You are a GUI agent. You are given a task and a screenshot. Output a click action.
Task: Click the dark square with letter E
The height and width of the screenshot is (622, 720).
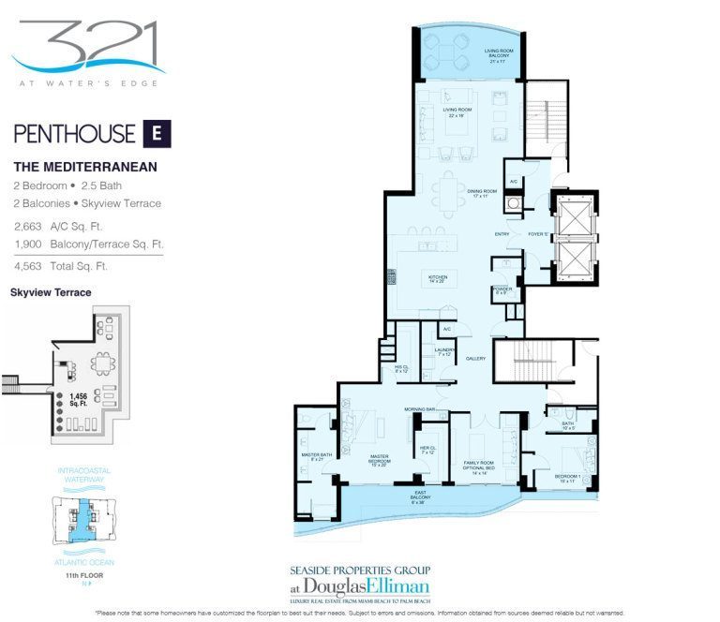tap(157, 133)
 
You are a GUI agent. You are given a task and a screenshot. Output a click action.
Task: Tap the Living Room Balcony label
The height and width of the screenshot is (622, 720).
tap(497, 53)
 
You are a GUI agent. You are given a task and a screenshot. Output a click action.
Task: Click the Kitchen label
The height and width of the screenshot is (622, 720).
tap(438, 279)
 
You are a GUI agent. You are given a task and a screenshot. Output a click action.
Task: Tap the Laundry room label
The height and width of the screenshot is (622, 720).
tap(443, 352)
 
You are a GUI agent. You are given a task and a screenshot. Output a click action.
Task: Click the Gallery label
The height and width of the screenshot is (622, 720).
tap(475, 358)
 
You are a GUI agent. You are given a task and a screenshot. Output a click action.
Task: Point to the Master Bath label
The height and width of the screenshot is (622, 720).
tap(312, 458)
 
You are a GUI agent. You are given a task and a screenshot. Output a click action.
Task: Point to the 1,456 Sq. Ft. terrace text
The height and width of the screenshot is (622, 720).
tap(80, 400)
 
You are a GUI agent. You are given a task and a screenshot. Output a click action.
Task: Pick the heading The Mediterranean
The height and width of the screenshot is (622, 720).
tap(85, 167)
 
